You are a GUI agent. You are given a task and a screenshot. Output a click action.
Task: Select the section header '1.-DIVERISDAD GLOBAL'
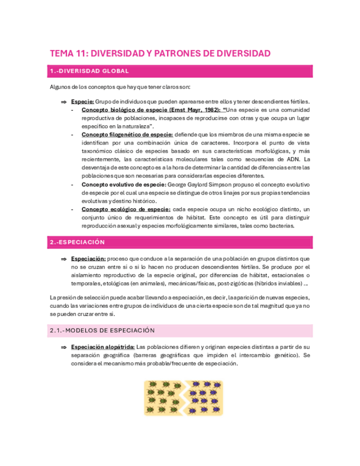(x=90, y=71)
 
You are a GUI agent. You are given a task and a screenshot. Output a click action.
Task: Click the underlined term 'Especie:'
(x=83, y=102)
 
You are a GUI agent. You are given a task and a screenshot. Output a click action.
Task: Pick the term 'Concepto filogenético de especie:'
(x=127, y=135)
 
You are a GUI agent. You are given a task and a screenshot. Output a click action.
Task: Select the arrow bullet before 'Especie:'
(x=63, y=102)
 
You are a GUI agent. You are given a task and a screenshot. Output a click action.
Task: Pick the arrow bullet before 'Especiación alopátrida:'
(x=63, y=347)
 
